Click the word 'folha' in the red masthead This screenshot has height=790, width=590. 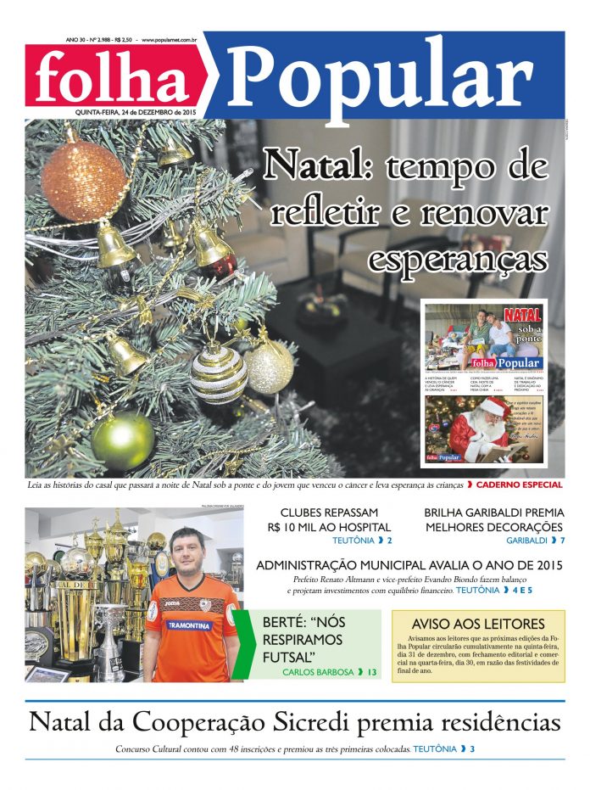point(113,77)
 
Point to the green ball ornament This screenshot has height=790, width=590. point(123,440)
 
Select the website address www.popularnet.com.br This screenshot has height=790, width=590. point(170,39)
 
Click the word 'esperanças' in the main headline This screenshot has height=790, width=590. point(457,255)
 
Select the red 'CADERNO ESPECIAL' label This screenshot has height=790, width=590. point(519,485)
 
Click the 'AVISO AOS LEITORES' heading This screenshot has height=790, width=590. point(478,623)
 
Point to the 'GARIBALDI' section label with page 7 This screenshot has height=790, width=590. point(535,540)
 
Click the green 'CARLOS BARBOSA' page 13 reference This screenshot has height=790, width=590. point(330,672)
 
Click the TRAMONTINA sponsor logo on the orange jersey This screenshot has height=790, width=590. point(189,625)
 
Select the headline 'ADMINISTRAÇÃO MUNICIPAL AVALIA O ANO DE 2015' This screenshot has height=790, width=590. point(409,564)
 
